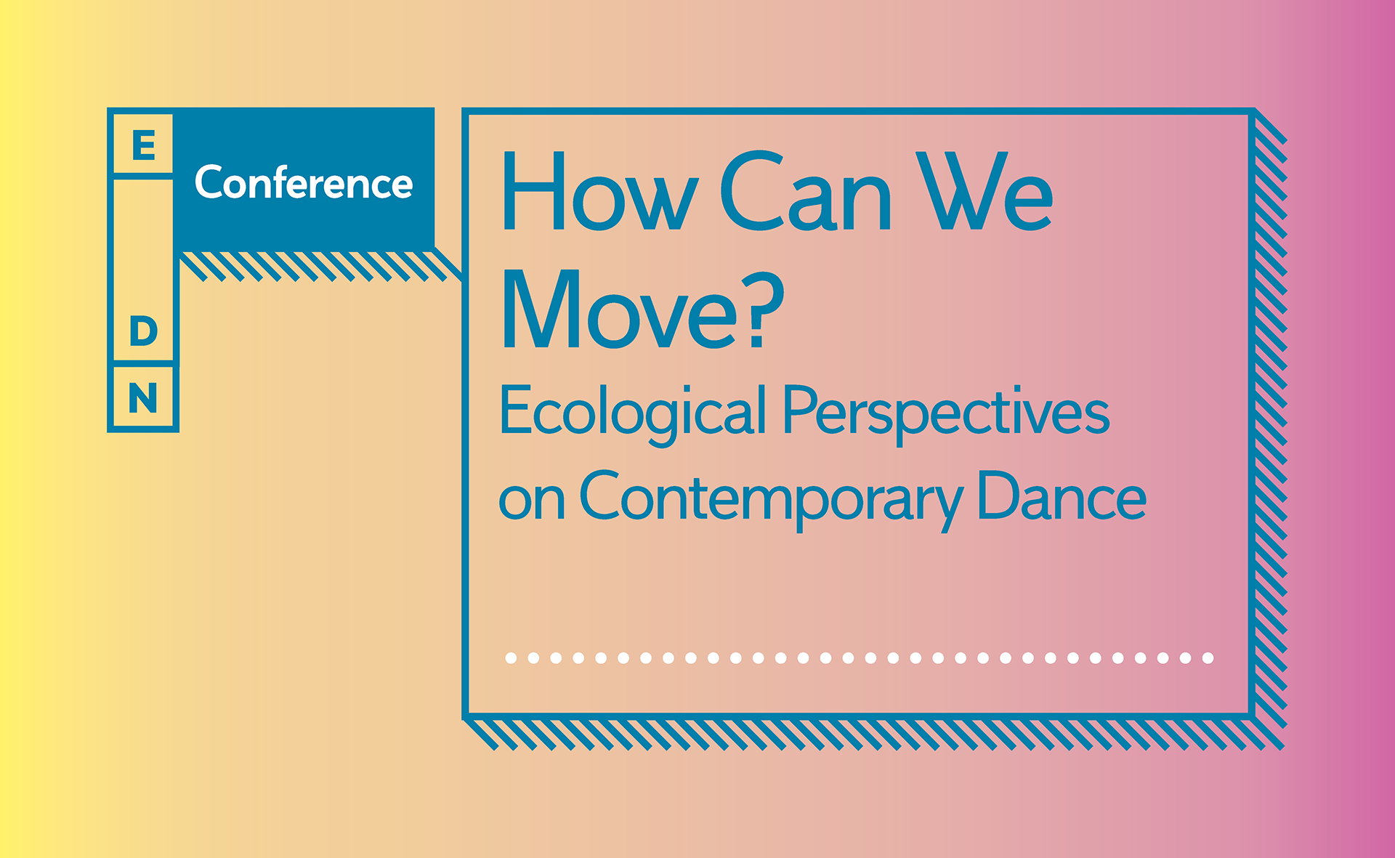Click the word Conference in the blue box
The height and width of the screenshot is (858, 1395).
[304, 182]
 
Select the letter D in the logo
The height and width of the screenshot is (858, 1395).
[143, 331]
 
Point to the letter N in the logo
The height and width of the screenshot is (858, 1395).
[143, 398]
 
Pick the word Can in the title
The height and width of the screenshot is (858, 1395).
[805, 193]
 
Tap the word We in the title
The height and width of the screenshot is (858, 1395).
[984, 193]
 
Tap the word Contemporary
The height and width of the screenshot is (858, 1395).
[771, 498]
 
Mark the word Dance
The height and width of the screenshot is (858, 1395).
[1062, 497]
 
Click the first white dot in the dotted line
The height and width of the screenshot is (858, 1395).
[511, 658]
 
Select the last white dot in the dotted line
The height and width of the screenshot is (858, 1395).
[1208, 658]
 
